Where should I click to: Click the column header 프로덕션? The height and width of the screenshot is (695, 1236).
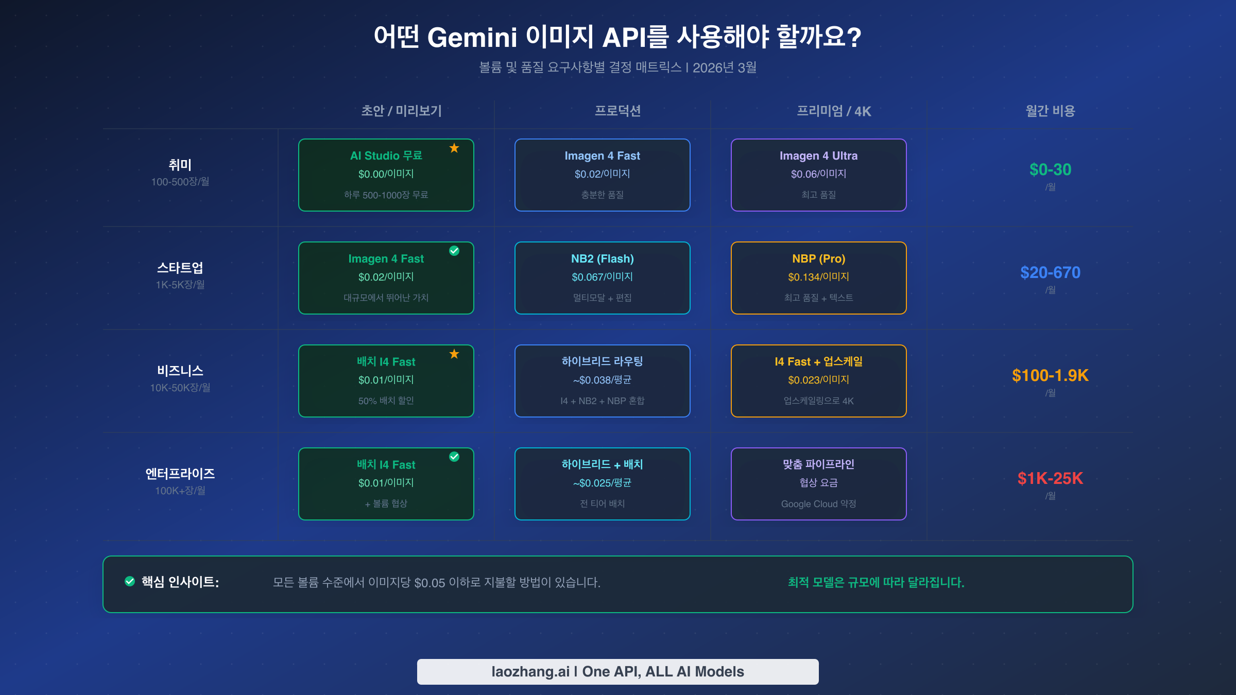tap(617, 111)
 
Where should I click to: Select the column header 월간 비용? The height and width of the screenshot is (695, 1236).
tap(1050, 111)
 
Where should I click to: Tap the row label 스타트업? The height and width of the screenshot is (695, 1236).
tap(180, 268)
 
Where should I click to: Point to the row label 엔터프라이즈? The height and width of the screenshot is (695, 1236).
tap(180, 474)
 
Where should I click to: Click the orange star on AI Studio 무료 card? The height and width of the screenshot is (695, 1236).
tap(454, 148)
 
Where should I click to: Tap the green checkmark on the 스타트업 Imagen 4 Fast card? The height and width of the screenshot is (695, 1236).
tap(454, 251)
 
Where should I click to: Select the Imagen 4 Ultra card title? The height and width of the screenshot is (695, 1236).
tap(818, 155)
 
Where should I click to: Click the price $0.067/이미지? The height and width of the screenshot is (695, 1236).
tap(602, 277)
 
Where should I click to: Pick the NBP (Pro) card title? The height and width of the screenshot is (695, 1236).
tap(818, 258)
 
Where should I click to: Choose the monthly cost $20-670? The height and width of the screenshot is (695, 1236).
tap(1050, 272)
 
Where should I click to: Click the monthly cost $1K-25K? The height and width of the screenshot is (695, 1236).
tap(1050, 478)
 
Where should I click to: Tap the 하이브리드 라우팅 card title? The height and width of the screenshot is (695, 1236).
tap(602, 361)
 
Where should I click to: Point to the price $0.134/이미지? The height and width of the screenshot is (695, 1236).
tap(818, 277)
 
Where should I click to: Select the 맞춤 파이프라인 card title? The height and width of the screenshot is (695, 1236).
tap(818, 464)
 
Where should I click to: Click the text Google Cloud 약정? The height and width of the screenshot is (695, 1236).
tap(818, 503)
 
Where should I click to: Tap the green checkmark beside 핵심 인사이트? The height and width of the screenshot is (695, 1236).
tap(130, 581)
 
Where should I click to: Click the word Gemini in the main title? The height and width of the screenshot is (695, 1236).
tap(472, 37)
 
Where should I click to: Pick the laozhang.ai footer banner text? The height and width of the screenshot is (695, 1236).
tap(617, 671)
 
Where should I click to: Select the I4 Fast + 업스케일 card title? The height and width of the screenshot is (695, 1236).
tap(818, 361)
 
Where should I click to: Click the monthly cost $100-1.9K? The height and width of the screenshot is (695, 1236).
tap(1050, 375)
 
